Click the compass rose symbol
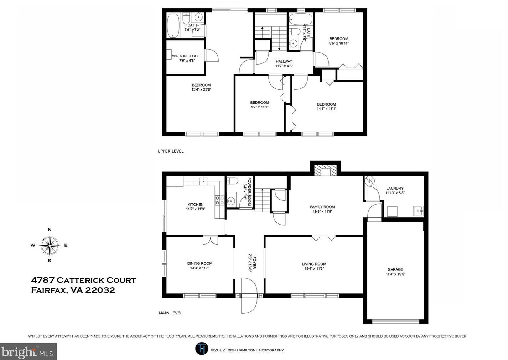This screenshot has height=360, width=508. click(50, 245)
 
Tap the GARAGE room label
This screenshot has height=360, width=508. click(395, 269)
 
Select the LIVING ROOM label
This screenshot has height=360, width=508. click(314, 264)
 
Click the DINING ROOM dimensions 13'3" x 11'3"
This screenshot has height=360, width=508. click(200, 268)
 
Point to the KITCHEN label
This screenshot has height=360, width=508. click(196, 204)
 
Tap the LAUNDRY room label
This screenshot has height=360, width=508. click(395, 188)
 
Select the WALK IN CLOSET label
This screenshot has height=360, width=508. click(187, 56)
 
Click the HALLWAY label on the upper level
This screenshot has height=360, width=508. click(284, 61)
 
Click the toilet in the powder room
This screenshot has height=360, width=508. click(233, 181)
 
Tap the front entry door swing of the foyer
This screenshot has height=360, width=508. click(249, 295)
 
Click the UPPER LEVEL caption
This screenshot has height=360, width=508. click(171, 151)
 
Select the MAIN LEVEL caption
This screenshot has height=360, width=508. click(171, 313)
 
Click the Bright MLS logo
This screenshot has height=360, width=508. click(28, 351)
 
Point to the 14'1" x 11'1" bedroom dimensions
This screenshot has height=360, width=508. click(326, 109)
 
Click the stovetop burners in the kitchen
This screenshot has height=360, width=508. click(219, 200)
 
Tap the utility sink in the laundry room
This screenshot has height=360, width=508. click(418, 211)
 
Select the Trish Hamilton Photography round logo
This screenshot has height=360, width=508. click(202, 349)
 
